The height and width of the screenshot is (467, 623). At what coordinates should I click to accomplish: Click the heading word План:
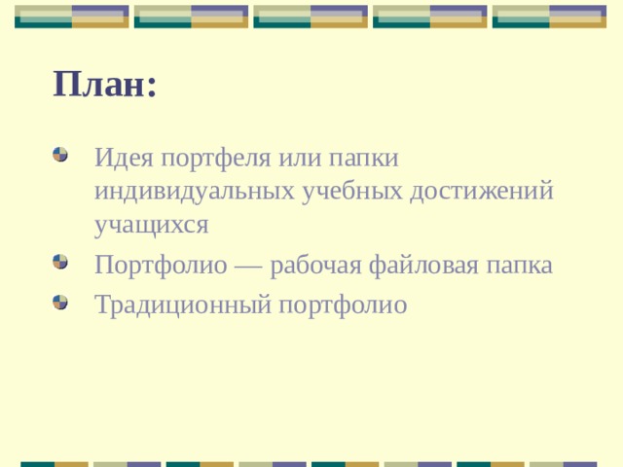105,85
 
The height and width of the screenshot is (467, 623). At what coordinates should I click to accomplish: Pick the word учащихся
152,224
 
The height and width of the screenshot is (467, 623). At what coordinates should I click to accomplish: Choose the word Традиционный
183,305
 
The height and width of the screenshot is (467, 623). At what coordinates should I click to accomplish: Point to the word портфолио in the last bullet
343,305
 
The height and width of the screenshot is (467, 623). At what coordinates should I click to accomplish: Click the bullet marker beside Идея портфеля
60,155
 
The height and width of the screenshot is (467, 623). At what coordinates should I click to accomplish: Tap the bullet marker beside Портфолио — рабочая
60,263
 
